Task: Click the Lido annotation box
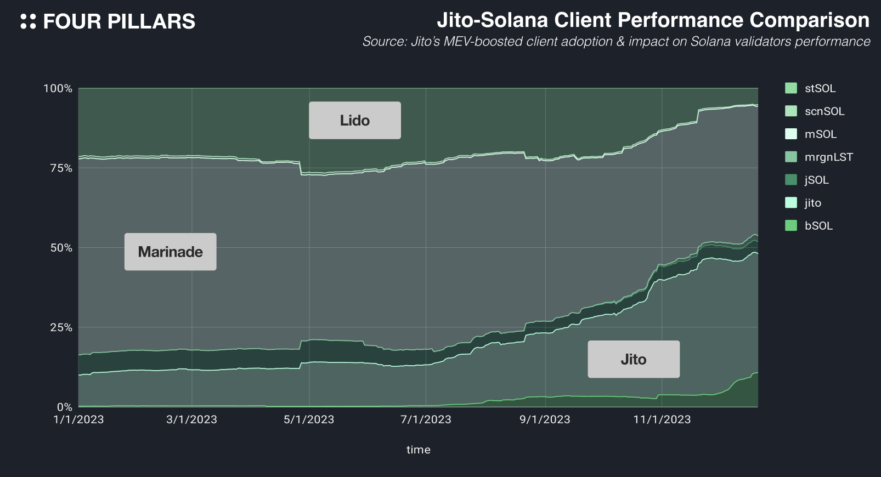[354, 120]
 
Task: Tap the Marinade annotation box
[170, 252]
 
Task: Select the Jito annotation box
[634, 359]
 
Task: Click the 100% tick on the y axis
[58, 88]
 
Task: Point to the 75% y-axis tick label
[61, 168]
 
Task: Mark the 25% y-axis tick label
[61, 327]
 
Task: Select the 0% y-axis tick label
[64, 407]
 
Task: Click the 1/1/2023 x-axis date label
[78, 419]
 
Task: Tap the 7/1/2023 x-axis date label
[426, 419]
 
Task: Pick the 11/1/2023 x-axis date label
[662, 419]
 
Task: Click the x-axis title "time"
[418, 450]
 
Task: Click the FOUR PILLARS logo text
[118, 22]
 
